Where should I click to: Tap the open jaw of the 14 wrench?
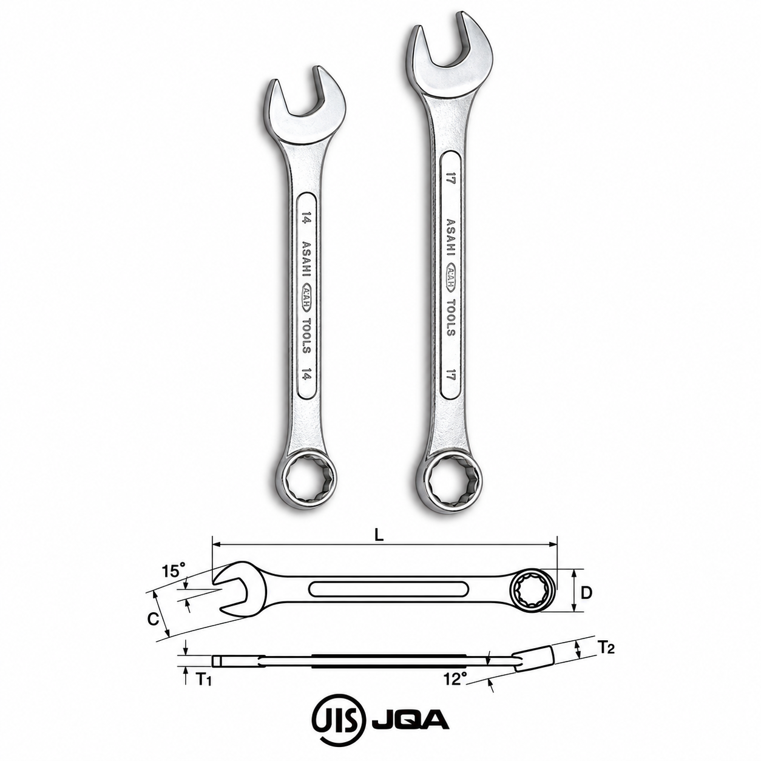[304, 110]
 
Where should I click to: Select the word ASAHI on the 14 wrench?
[306, 261]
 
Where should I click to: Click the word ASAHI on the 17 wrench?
[451, 240]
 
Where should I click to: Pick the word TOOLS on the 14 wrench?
[306, 336]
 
